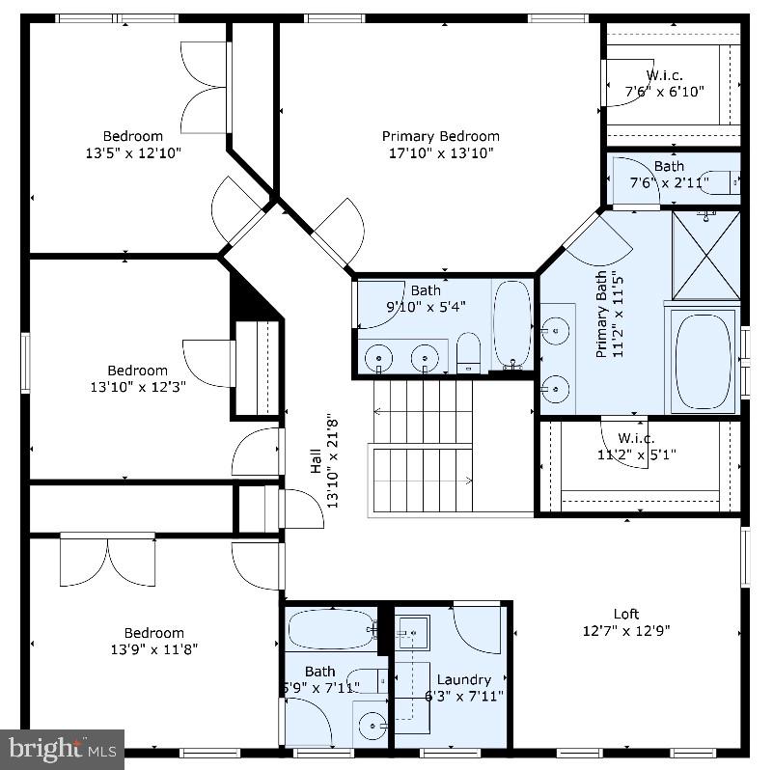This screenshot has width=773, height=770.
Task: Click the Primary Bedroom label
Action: pos(440,136)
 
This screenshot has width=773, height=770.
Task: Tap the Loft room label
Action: pos(626,614)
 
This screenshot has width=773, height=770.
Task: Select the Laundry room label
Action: pos(463,679)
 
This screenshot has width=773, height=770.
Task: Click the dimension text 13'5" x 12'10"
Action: pos(133,152)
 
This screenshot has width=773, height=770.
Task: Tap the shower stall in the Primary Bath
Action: pos(705,254)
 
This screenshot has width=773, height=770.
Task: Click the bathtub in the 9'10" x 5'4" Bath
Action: pos(511,323)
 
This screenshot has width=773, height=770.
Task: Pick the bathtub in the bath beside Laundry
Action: pos(330,629)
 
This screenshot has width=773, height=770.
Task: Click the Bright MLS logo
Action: pos(62,748)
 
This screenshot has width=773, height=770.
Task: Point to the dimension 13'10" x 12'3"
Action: pos(137,386)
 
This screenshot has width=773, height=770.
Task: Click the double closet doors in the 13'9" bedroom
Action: pos(108,561)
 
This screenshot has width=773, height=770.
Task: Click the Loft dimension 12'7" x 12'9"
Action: pos(626,630)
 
